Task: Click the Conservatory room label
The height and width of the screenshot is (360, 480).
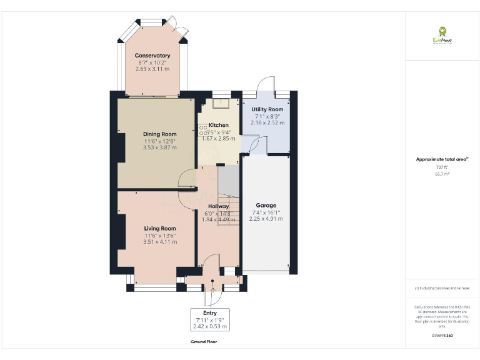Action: coord(152,56)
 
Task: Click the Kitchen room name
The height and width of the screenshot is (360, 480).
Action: coord(218,125)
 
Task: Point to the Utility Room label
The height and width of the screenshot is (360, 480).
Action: coord(267,109)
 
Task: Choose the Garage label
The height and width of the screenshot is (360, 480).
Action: coord(266,205)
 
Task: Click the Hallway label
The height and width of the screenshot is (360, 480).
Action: coord(218,206)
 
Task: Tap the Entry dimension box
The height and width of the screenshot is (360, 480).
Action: coord(209,319)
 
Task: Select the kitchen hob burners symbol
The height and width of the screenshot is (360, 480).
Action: coord(203,130)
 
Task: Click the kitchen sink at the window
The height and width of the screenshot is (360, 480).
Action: coord(221,104)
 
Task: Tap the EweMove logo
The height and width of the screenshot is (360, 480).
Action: coord(442,35)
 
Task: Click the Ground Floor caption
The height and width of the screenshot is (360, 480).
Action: coord(204,342)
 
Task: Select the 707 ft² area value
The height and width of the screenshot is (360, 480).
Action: coord(442,167)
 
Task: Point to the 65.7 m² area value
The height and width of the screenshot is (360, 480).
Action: coord(442,174)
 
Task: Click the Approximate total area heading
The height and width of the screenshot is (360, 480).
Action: coord(442,159)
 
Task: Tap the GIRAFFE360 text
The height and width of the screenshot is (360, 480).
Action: coord(442,336)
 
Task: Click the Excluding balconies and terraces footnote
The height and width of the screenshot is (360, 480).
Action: coord(442,288)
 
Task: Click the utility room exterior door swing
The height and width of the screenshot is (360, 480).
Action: coord(267,85)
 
